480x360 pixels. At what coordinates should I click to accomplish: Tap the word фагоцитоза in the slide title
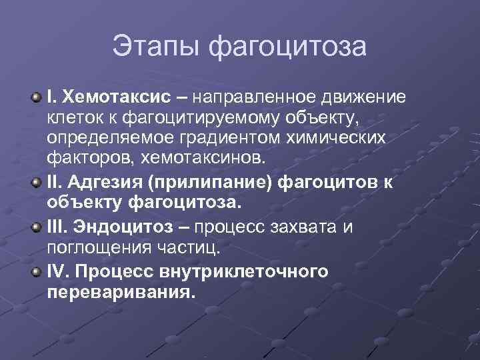pos(287,47)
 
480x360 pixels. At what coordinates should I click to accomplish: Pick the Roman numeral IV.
pos(56,272)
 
